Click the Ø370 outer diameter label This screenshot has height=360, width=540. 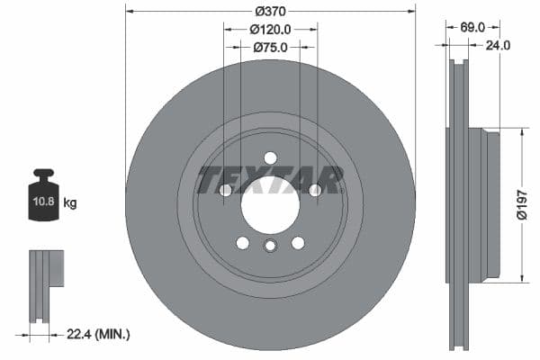[270, 11]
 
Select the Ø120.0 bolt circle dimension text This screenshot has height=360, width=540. [270, 29]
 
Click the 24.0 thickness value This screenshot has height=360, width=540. [498, 45]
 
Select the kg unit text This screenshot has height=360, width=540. [70, 203]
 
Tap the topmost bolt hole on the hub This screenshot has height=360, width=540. [270, 158]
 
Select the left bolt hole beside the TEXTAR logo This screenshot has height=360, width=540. [226, 190]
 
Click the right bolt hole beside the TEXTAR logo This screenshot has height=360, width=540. [314, 190]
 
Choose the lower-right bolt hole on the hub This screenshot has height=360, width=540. [297, 242]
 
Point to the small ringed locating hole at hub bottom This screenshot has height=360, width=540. [270, 247]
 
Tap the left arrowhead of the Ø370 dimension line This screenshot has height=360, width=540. [129, 11]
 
